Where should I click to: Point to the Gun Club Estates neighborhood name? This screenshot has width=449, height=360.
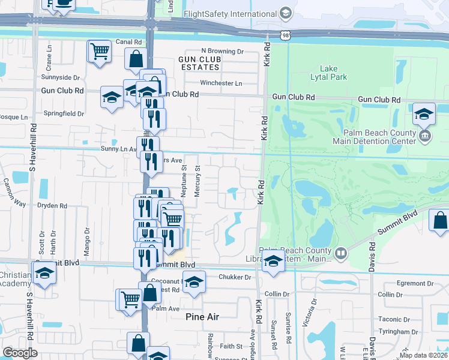(199, 63)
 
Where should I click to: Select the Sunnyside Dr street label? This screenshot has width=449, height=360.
(60, 77)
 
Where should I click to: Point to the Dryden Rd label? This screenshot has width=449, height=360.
(51, 205)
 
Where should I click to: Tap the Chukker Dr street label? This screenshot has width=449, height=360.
(235, 277)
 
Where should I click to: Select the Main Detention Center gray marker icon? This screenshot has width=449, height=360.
(425, 136)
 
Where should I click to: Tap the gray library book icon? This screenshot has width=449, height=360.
(341, 254)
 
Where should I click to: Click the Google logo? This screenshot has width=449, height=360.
(20, 353)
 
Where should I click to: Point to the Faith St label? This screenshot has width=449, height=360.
(231, 346)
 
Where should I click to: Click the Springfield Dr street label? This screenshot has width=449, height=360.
(63, 113)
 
